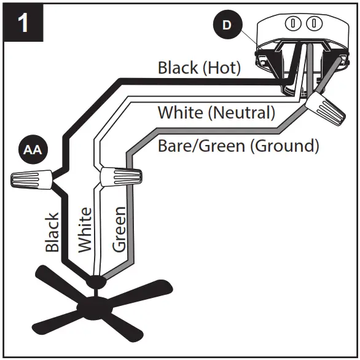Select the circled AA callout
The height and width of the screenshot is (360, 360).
coord(29,150)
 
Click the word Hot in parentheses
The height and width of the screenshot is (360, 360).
coord(221,68)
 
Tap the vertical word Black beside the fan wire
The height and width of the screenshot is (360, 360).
coord(52,232)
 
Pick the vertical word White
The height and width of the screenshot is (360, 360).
coord(85,229)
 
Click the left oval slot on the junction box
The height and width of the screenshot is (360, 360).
coord(294,24)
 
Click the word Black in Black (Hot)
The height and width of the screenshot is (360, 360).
coord(178,68)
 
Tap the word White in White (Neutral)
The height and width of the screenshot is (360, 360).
coord(179,113)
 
